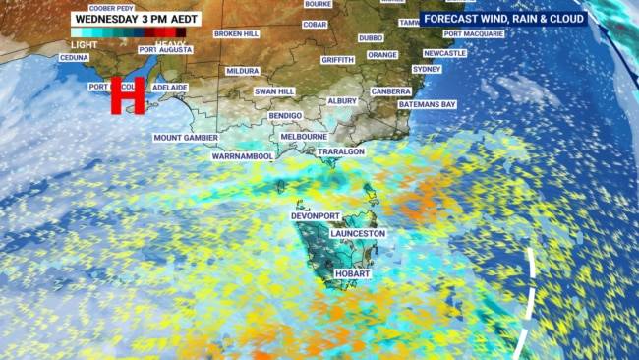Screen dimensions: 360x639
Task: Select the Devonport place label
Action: click(x=316, y=215)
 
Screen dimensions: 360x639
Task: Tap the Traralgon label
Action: click(x=340, y=152)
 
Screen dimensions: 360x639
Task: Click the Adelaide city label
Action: click(x=170, y=87)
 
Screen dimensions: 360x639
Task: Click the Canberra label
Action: click(x=391, y=91)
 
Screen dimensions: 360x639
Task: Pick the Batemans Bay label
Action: click(x=428, y=104)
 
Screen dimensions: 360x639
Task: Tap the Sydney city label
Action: click(x=427, y=69)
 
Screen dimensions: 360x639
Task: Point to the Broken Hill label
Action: click(x=236, y=33)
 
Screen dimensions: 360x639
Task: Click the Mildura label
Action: click(x=242, y=71)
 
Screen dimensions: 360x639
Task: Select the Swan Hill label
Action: click(x=274, y=91)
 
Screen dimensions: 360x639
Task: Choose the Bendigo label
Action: click(x=285, y=115)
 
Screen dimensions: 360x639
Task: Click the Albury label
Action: click(x=342, y=101)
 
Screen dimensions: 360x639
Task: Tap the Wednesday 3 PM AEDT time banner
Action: click(x=136, y=18)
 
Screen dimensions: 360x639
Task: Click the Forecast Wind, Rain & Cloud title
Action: click(x=502, y=18)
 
